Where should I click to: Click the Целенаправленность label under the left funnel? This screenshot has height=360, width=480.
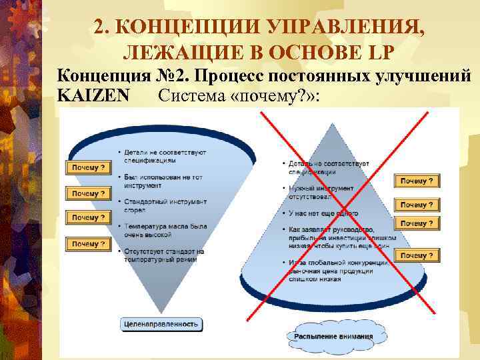tap(161, 324)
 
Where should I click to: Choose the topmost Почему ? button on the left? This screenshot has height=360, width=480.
tap(88, 168)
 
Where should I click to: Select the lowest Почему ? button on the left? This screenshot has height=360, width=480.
tap(88, 244)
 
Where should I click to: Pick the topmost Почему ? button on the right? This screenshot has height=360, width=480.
tap(417, 181)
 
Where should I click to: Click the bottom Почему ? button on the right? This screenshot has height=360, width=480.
tap(417, 255)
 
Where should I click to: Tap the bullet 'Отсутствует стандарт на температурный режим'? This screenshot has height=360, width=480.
tap(163, 255)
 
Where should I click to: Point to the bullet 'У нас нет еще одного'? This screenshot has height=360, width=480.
tap(323, 213)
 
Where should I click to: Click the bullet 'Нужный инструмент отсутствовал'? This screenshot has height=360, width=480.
tap(320, 193)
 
